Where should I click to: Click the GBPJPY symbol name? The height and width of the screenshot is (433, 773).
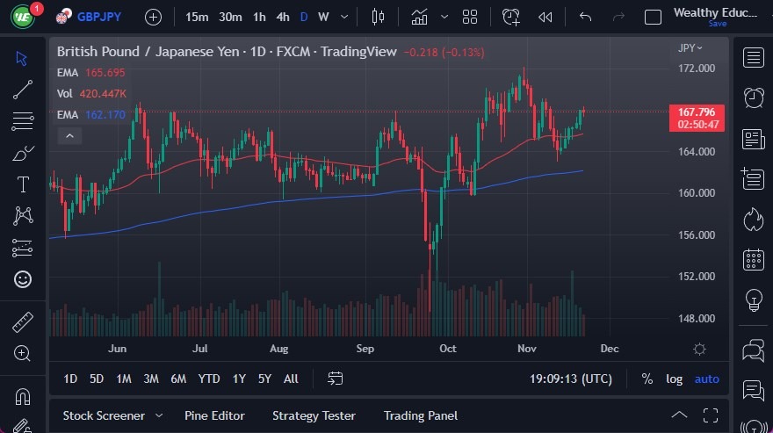click(99, 17)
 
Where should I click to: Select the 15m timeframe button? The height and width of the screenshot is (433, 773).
click(198, 17)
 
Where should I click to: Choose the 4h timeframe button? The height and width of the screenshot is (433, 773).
click(282, 17)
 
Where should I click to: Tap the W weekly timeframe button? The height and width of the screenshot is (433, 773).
click(323, 17)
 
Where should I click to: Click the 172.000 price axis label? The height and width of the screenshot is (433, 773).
click(696, 69)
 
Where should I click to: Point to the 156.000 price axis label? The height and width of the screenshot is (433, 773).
click(696, 235)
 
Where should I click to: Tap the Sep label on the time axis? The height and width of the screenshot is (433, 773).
click(365, 349)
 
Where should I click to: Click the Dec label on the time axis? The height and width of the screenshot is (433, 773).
click(609, 349)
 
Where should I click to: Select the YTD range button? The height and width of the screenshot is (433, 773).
click(208, 379)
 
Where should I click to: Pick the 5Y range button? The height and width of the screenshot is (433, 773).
click(264, 379)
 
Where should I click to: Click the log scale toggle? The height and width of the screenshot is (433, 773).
click(674, 379)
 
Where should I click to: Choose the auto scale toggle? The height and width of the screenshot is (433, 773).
click(706, 379)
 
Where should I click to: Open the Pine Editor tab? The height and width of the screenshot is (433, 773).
click(214, 415)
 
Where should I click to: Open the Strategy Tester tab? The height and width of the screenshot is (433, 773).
click(314, 415)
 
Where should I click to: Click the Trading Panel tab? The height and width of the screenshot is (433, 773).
click(420, 415)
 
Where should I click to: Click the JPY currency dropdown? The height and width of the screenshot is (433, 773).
click(690, 48)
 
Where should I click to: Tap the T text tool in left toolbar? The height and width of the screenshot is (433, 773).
click(23, 184)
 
